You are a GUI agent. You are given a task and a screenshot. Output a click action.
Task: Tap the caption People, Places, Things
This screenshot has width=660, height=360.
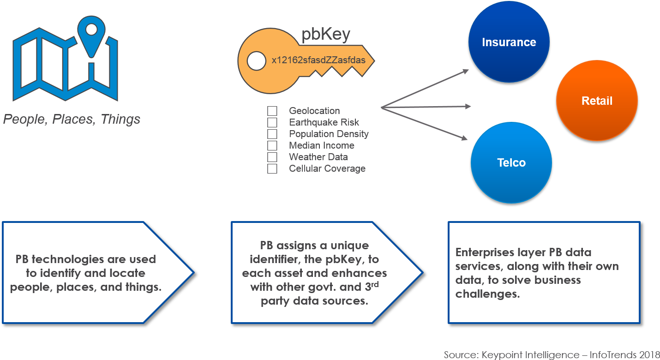pyautogui.click(x=72, y=120)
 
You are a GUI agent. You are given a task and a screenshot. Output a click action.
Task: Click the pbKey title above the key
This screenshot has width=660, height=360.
pyautogui.click(x=325, y=35)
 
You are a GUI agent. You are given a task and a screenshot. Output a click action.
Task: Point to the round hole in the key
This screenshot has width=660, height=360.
pyautogui.click(x=253, y=60)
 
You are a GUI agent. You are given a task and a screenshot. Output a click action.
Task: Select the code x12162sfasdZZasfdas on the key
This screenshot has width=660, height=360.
pyautogui.click(x=318, y=60)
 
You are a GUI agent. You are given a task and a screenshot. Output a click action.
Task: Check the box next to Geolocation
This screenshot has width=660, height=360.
pyautogui.click(x=272, y=111)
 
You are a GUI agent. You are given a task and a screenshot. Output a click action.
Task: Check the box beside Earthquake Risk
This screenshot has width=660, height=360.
pyautogui.click(x=272, y=122)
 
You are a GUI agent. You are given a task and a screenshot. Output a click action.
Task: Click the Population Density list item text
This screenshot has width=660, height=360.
pyautogui.click(x=329, y=134)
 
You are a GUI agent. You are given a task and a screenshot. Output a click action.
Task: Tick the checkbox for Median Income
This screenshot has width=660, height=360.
pyautogui.click(x=272, y=145)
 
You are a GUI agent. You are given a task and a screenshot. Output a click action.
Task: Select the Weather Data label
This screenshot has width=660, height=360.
pyautogui.click(x=318, y=157)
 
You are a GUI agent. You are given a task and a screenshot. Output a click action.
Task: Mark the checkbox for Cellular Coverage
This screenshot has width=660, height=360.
pyautogui.click(x=272, y=168)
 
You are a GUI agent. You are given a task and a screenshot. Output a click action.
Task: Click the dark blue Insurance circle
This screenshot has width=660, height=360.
pyautogui.click(x=509, y=42)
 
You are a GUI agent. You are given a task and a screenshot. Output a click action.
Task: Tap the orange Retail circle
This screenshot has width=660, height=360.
pyautogui.click(x=597, y=101)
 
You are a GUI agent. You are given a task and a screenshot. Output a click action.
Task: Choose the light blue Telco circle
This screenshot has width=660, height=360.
pyautogui.click(x=511, y=162)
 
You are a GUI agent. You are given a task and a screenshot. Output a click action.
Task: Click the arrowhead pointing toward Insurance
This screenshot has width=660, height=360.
pyautogui.click(x=465, y=71)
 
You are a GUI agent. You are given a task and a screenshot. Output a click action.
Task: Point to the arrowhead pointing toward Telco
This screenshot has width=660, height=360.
pyautogui.click(x=465, y=138)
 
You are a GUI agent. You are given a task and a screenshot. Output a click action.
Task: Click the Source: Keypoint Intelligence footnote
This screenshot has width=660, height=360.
pyautogui.click(x=551, y=354)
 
